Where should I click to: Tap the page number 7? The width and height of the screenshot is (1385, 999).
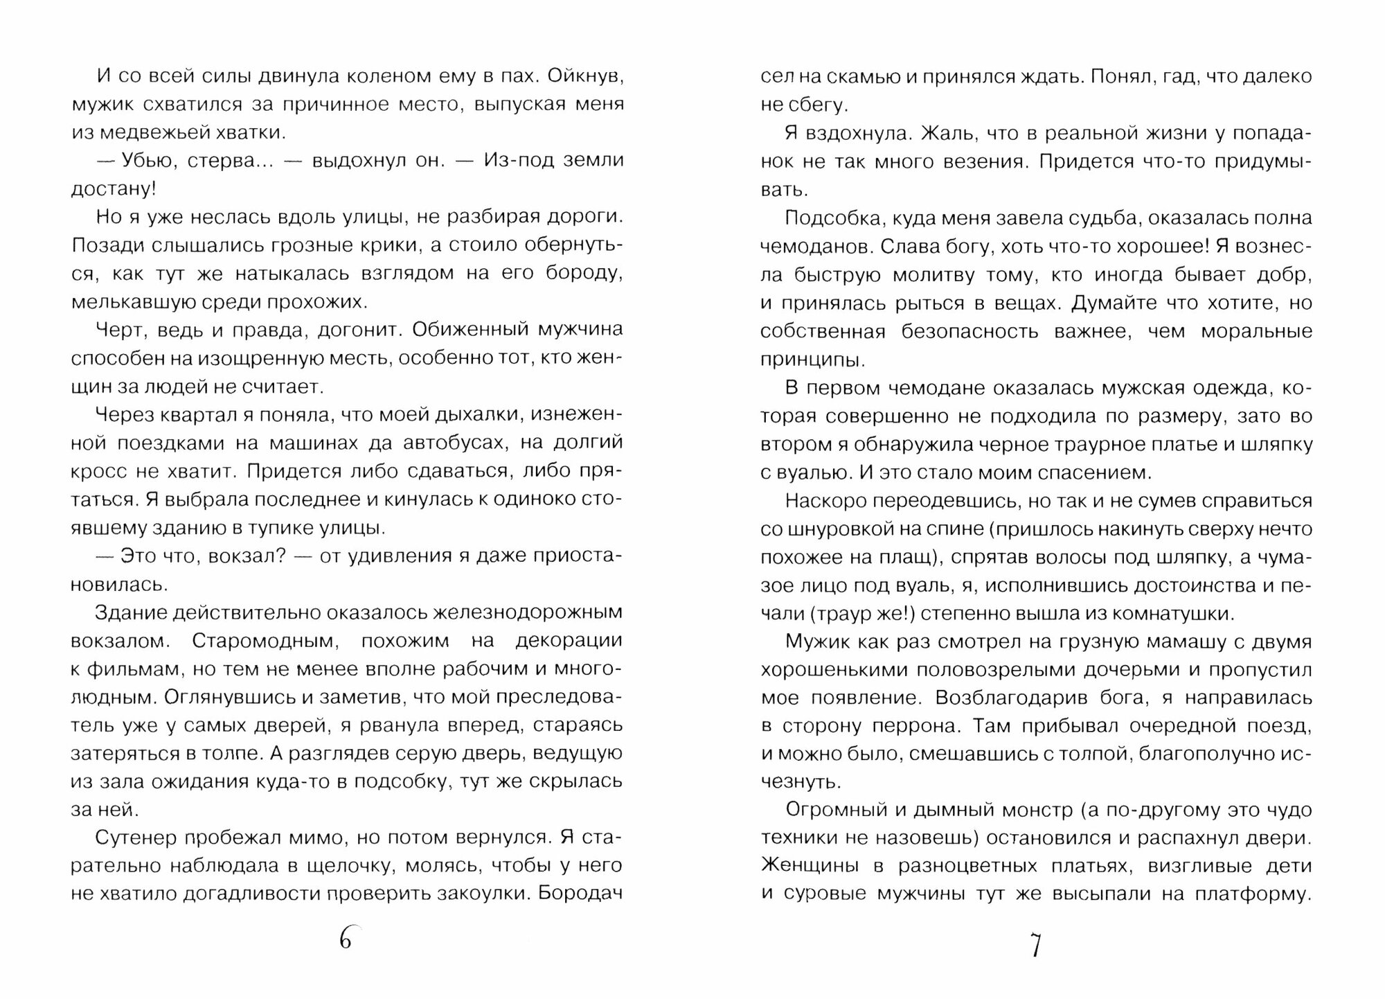coord(1036,945)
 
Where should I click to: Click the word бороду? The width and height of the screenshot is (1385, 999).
coord(585,274)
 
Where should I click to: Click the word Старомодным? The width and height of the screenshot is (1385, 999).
coord(265,641)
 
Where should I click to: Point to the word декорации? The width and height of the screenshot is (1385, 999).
coord(569,641)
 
